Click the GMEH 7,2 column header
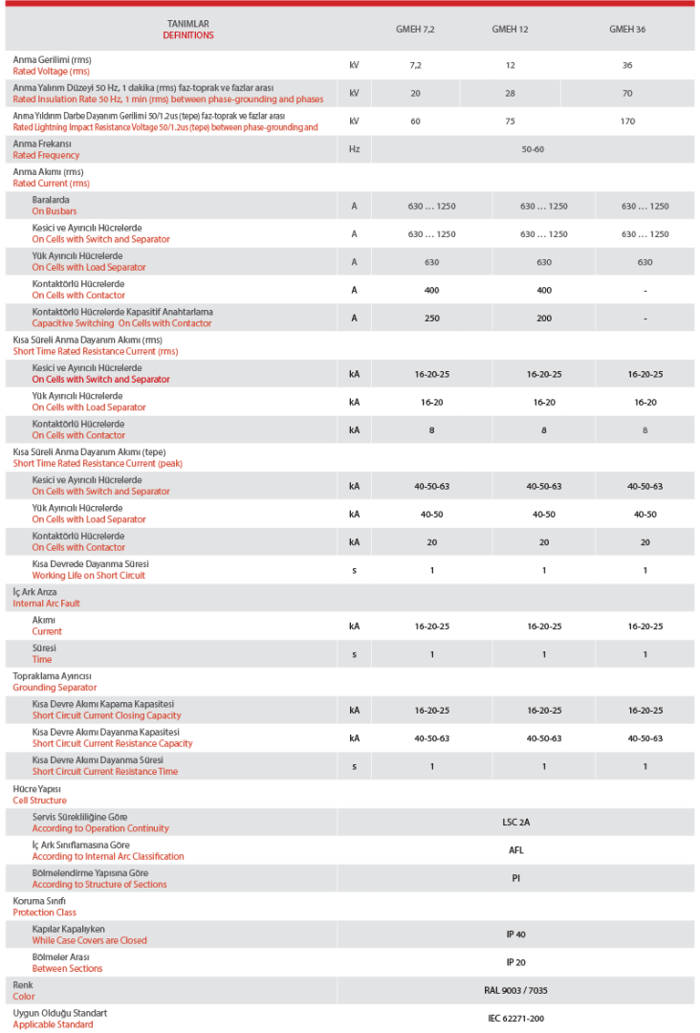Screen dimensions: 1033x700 point(415,30)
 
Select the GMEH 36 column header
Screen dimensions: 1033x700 point(627,30)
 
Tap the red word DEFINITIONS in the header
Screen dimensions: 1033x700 point(188,35)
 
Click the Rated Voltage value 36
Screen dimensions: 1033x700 point(627,65)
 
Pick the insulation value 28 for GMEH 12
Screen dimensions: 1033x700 point(511,93)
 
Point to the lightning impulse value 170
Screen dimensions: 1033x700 point(627,121)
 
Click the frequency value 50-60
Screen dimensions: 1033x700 point(533,149)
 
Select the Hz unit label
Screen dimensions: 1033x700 point(354,149)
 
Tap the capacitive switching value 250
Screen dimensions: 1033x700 point(431,318)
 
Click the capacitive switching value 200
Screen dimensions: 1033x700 point(544,318)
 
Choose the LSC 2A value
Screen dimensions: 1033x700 point(516,823)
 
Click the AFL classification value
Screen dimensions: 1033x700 point(516,850)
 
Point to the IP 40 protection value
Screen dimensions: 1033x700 point(516,934)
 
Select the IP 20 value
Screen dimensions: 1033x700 point(516,962)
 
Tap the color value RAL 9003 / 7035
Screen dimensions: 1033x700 point(516,991)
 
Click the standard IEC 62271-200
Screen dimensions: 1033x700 point(516,1019)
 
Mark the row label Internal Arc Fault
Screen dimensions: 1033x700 point(47,604)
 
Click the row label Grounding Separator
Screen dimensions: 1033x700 point(55,688)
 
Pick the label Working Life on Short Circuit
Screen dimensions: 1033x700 point(89,576)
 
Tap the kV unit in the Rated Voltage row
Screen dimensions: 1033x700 point(354,65)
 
